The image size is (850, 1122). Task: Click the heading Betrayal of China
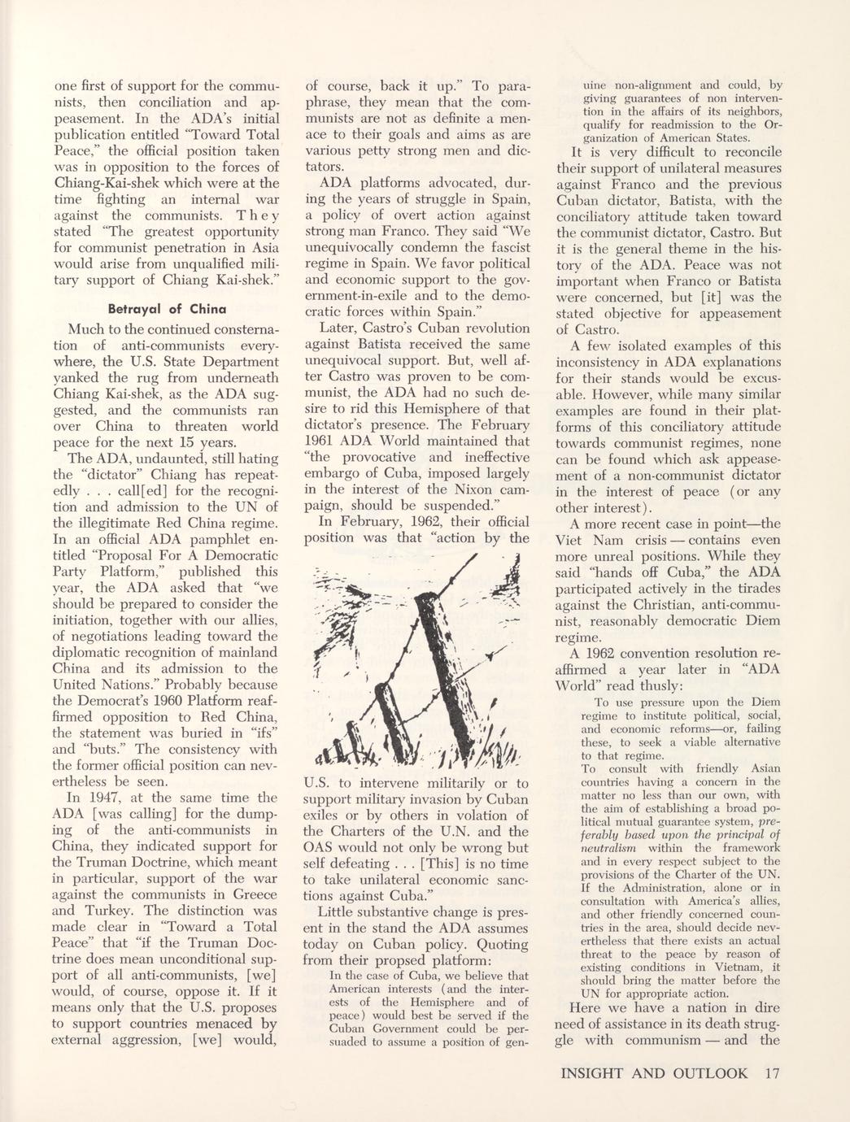click(167, 309)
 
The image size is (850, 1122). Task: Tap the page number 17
click(772, 1072)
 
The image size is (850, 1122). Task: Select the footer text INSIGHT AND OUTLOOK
click(658, 1072)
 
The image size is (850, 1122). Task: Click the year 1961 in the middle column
click(322, 441)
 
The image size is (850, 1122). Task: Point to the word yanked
click(75, 377)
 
